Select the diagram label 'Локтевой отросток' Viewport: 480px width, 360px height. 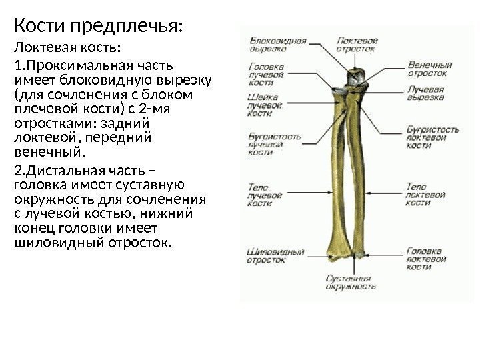tap(356, 44)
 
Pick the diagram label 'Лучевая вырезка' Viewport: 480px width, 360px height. tap(425, 93)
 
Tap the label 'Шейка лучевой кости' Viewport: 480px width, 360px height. tap(263, 105)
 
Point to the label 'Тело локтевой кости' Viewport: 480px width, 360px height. tap(426, 195)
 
